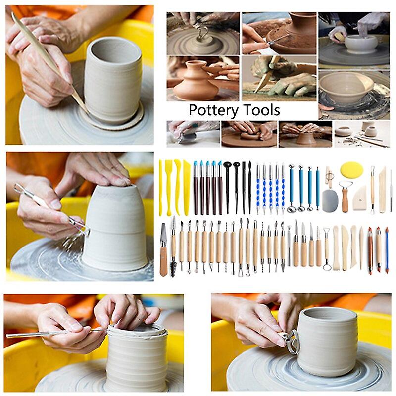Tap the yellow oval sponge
pos(351,170)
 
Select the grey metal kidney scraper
pos(330,200)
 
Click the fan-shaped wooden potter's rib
pos(359,198)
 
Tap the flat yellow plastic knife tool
pos(187,181)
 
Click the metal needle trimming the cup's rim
pos(54,333)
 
